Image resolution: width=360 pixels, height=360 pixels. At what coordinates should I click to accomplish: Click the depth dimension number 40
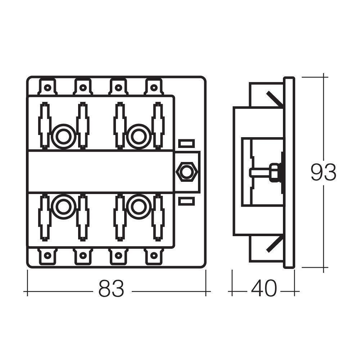[264, 288]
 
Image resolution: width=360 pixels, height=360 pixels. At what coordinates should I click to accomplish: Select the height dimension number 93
[323, 172]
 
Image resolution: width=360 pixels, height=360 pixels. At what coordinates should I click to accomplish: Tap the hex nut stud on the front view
[186, 172]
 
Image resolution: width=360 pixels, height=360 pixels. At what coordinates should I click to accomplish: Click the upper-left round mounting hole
[64, 136]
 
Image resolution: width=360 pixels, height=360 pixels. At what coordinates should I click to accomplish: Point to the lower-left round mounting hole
[64, 207]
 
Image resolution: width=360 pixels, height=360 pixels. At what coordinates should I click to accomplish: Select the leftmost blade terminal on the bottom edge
[47, 256]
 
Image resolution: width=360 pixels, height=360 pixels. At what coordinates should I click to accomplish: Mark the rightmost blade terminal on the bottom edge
[154, 256]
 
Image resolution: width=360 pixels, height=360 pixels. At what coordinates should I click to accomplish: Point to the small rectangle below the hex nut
[186, 201]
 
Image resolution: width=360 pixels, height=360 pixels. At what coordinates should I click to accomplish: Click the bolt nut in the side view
[275, 172]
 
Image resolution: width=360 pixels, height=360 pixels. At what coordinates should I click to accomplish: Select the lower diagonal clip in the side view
[274, 243]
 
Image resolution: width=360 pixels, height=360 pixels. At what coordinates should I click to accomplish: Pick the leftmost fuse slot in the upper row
[44, 125]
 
